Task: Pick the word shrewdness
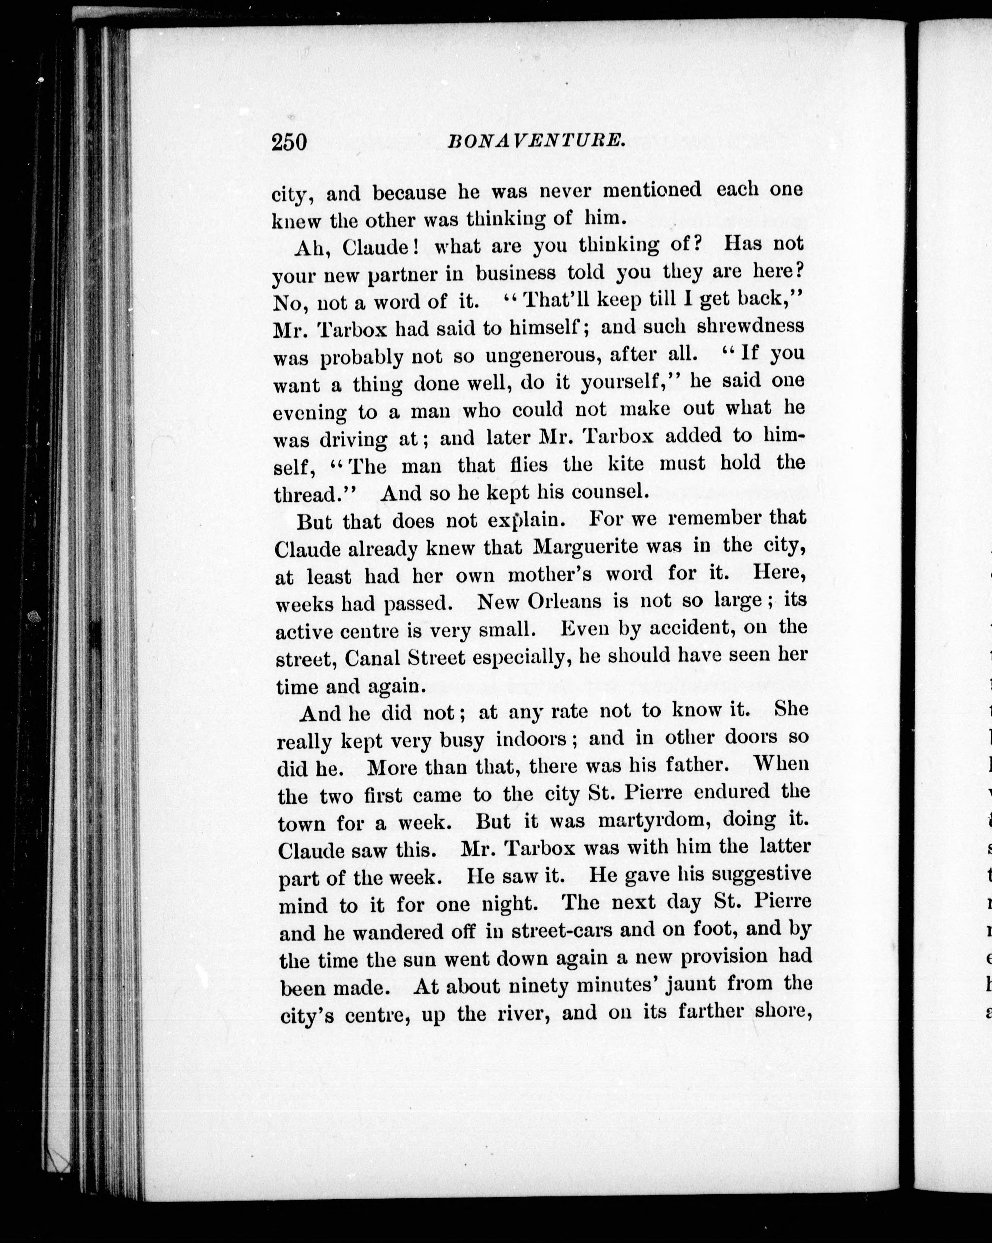coord(750,327)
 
